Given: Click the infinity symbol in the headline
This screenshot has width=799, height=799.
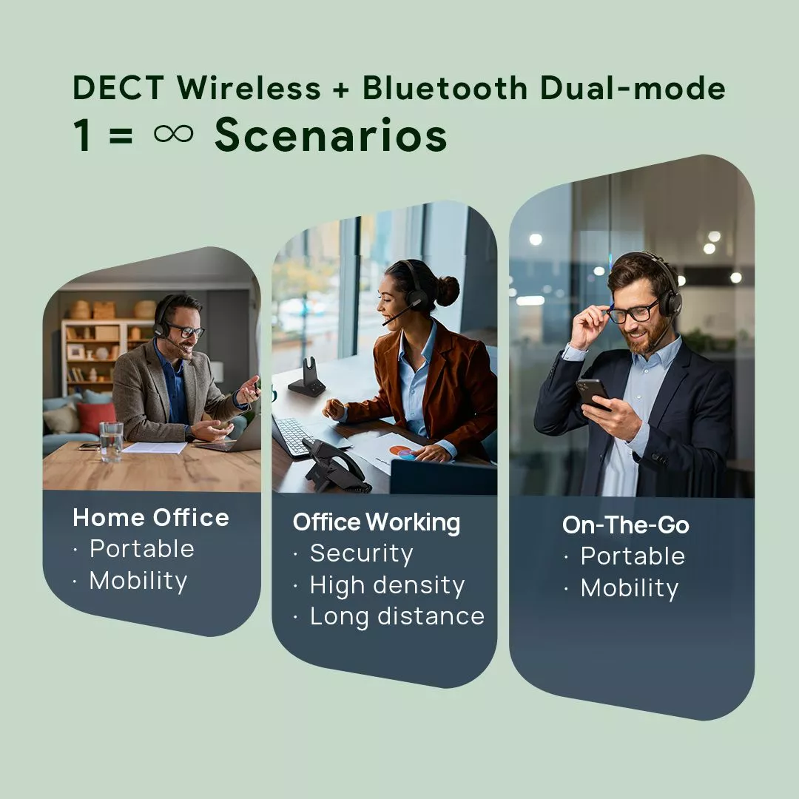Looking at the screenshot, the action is pyautogui.click(x=174, y=134).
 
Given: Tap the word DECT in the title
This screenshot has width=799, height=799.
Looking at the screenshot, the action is pyautogui.click(x=118, y=87).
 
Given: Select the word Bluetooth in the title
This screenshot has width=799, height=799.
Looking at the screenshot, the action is pyautogui.click(x=445, y=87).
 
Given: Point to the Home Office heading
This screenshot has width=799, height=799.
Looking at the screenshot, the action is pyautogui.click(x=151, y=518).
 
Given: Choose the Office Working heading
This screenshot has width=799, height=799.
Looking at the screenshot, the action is pyautogui.click(x=377, y=523).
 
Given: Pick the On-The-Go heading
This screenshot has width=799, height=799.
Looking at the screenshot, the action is pyautogui.click(x=626, y=525).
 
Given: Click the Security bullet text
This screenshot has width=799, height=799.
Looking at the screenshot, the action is pyautogui.click(x=361, y=554).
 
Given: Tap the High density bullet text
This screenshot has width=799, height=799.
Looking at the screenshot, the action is pyautogui.click(x=387, y=585).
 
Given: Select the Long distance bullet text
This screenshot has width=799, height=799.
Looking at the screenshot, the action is pyautogui.click(x=397, y=617).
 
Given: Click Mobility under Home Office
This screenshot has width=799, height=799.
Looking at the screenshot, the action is pyautogui.click(x=138, y=581).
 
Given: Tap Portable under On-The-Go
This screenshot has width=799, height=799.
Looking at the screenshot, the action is pyautogui.click(x=633, y=556).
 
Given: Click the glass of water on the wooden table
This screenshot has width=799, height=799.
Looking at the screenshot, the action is pyautogui.click(x=111, y=442).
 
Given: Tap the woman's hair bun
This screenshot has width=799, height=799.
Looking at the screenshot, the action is pyautogui.click(x=448, y=291).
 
